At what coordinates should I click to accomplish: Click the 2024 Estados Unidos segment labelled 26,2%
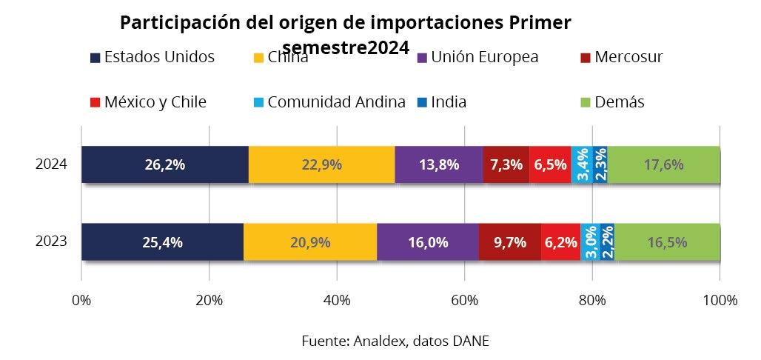pos(164,164)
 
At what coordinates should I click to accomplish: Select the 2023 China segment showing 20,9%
pos(309,241)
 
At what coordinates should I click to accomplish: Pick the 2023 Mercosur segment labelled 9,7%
pos(509,241)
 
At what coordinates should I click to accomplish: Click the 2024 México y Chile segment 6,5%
pos(550,164)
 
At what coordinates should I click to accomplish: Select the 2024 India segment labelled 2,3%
pos(600,164)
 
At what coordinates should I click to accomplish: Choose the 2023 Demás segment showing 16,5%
pos(668,241)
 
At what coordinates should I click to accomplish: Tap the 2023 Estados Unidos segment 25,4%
pos(162,241)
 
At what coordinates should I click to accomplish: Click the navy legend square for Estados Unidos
pos(95,57)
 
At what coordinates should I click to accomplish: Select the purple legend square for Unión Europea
pos(422,57)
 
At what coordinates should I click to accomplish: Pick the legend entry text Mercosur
pos(628,57)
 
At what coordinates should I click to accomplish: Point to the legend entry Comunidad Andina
pos(336,102)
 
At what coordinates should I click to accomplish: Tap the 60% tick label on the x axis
pos(464,300)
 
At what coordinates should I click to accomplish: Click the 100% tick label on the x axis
pos(720,300)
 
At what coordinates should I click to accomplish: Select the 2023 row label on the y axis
pos(52,241)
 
